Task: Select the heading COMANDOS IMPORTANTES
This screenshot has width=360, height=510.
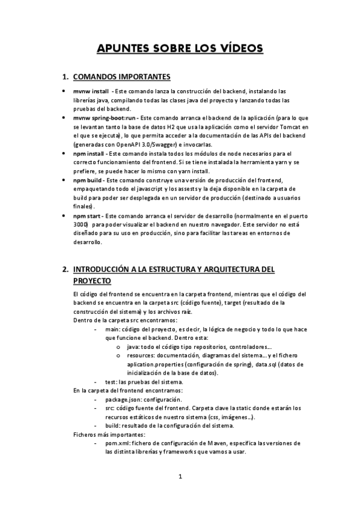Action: [121, 77]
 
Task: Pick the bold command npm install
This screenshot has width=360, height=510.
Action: [89, 154]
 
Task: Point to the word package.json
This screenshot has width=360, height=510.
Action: [124, 399]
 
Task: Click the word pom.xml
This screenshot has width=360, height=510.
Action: [117, 443]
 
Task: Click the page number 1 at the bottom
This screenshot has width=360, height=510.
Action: [180, 477]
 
